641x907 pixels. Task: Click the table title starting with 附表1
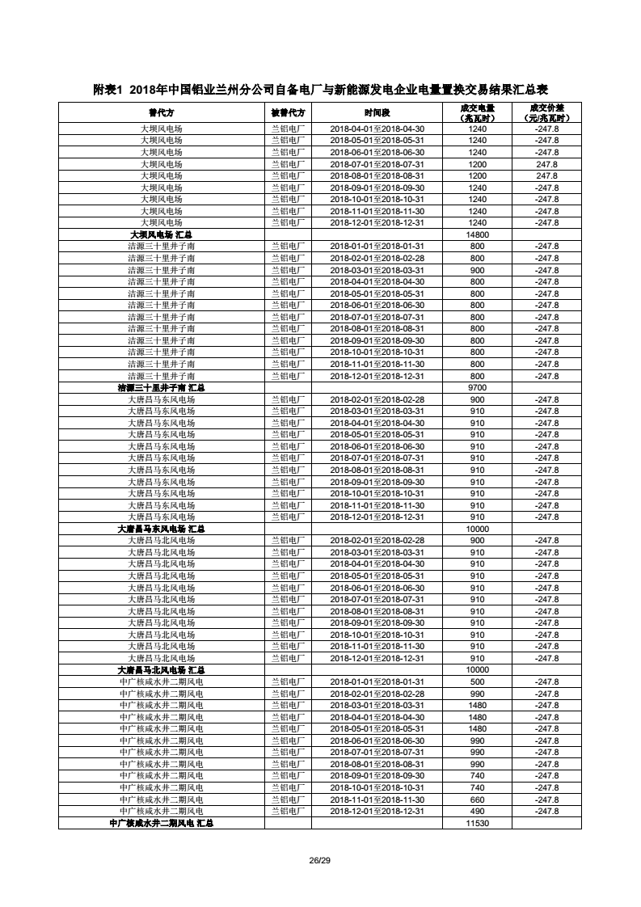320,89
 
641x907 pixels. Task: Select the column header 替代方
161,112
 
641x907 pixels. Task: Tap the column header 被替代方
288,112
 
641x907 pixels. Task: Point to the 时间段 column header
377,112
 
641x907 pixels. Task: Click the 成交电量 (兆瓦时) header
477,112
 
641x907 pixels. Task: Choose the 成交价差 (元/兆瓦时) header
546,112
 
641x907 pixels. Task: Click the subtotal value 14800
477,234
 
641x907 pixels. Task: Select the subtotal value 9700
477,388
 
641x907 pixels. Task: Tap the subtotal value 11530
477,823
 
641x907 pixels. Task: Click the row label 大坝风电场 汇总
161,234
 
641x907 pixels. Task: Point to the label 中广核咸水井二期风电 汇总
161,823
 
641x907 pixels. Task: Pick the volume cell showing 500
477,681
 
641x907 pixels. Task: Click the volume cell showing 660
477,799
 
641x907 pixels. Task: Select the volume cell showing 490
477,811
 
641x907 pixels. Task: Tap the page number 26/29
320,859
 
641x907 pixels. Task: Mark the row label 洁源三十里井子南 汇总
161,388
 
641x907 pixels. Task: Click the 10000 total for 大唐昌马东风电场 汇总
477,529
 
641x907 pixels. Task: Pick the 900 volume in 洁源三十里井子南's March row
477,270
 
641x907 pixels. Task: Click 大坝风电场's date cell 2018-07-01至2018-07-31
377,164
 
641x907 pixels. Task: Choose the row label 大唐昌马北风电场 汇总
161,670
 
